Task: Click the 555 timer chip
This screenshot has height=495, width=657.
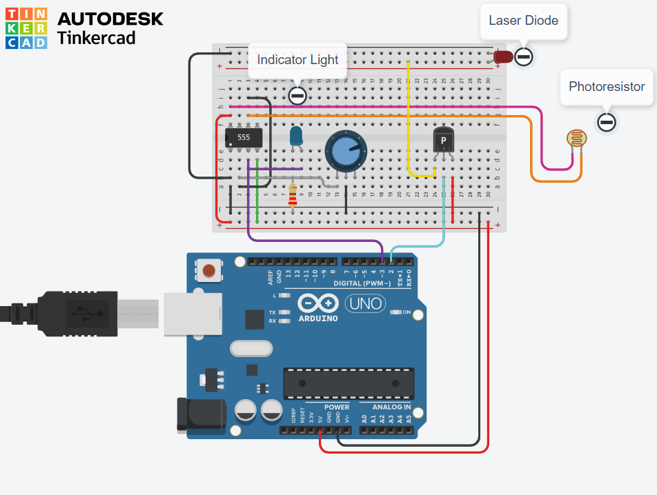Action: [x=244, y=137]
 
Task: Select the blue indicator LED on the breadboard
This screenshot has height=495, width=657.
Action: [x=296, y=135]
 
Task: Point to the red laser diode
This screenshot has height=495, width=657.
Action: [x=502, y=57]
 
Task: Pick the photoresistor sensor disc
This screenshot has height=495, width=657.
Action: [x=577, y=139]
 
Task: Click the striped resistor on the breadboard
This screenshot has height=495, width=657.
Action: [x=293, y=195]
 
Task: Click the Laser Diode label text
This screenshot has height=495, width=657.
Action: [x=523, y=20]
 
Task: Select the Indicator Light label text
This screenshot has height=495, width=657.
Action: [x=297, y=60]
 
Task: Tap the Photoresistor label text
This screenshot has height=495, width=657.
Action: [x=607, y=86]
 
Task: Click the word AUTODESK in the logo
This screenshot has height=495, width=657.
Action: [x=110, y=19]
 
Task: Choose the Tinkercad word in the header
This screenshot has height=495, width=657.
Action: [x=96, y=37]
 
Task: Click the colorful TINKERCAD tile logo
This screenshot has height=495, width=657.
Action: [x=26, y=28]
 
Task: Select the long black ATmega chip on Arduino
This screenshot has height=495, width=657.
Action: [x=349, y=383]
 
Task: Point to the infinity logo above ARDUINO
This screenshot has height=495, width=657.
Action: [x=318, y=303]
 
